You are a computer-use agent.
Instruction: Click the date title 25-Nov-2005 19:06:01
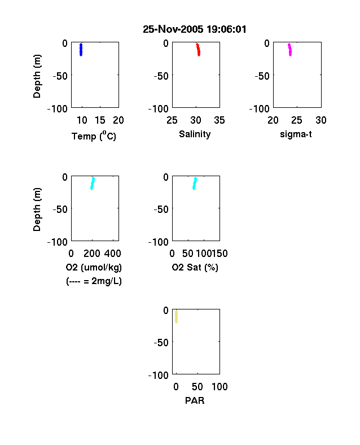pos(195,29)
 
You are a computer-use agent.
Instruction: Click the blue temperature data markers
pos(81,50)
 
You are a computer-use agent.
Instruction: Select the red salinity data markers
pos(198,50)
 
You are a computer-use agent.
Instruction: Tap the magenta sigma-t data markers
pos(289,50)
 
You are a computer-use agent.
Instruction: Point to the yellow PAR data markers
pos(176,317)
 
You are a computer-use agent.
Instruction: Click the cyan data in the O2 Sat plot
pos(195,184)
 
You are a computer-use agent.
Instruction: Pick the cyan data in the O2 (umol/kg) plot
pos(93,184)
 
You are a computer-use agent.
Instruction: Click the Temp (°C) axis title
pos(94,136)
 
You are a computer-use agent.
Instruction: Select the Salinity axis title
pos(195,134)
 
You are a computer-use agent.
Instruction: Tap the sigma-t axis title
pos(296,134)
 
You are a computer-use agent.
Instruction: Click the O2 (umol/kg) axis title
pos(94,267)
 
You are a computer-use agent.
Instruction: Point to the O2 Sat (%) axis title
pos(195,267)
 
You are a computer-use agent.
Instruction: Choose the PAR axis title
pos(195,400)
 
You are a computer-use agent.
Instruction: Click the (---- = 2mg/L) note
pos(94,281)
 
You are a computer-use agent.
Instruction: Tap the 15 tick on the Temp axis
pos(100,120)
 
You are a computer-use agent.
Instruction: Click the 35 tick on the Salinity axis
pos(219,120)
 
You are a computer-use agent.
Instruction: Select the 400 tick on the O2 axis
pos(113,254)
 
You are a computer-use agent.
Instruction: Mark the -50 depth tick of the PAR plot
pos(161,343)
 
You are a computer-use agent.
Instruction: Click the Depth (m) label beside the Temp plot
pos(37,76)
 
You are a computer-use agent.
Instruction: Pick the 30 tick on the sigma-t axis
pos(321,120)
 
